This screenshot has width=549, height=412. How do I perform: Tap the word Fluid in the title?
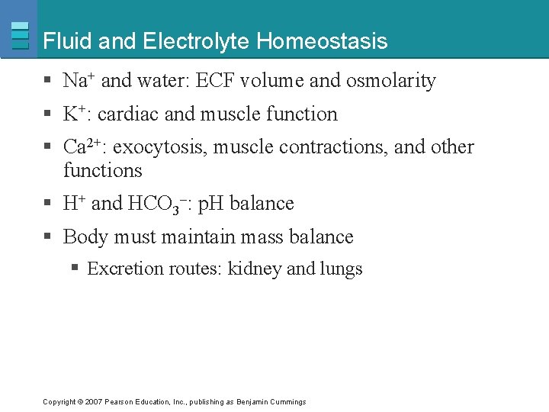(x=69, y=41)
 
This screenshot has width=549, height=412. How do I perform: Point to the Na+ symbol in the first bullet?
(x=79, y=80)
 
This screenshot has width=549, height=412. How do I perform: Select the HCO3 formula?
(x=157, y=204)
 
